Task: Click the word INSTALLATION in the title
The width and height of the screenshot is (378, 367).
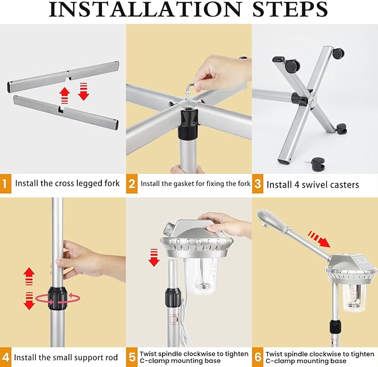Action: pyautogui.click(x=145, y=9)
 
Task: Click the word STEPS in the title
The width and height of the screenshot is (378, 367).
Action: pyautogui.click(x=290, y=9)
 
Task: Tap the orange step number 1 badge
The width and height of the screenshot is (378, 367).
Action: pyautogui.click(x=6, y=184)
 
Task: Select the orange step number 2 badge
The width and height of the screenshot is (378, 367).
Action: pyautogui.click(x=131, y=184)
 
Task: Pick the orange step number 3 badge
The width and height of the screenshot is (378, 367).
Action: pyautogui.click(x=258, y=184)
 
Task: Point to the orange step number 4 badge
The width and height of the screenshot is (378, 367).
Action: pyautogui.click(x=6, y=357)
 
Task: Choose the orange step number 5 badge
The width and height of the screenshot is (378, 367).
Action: pyautogui.click(x=131, y=357)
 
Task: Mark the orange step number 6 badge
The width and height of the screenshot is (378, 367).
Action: pyautogui.click(x=258, y=357)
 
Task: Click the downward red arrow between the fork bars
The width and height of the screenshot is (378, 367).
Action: pyautogui.click(x=84, y=91)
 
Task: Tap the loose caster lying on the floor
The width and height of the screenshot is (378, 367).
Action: pyautogui.click(x=316, y=164)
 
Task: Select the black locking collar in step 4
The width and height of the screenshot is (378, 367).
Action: pyautogui.click(x=57, y=298)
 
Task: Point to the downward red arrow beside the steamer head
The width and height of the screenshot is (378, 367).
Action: pyautogui.click(x=154, y=257)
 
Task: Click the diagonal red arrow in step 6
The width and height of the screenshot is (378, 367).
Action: pyautogui.click(x=319, y=239)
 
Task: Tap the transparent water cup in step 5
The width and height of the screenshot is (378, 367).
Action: pyautogui.click(x=200, y=275)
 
